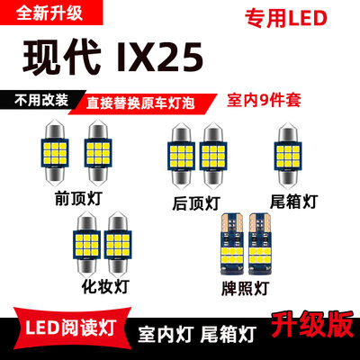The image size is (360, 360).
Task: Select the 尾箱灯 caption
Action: click(294, 194)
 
